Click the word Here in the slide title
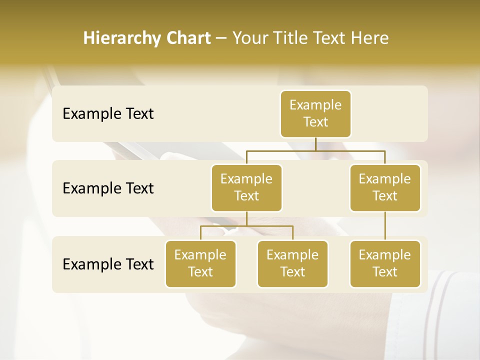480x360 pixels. pos(370,38)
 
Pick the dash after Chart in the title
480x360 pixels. pos(221,39)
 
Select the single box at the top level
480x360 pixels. pos(315,113)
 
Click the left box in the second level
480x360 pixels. pos(246,187)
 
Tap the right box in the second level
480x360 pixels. pos(385,187)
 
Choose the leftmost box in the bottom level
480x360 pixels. pos(200,263)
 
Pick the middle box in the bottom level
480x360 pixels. pos(292,263)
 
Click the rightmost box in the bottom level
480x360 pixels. pos(385,263)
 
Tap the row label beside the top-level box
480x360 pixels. pos(108,114)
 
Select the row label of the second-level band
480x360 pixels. pos(108,188)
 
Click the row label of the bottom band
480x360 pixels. pos(108,264)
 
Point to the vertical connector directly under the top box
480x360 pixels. pos(315,144)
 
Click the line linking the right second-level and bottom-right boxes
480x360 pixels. pos(385,226)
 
